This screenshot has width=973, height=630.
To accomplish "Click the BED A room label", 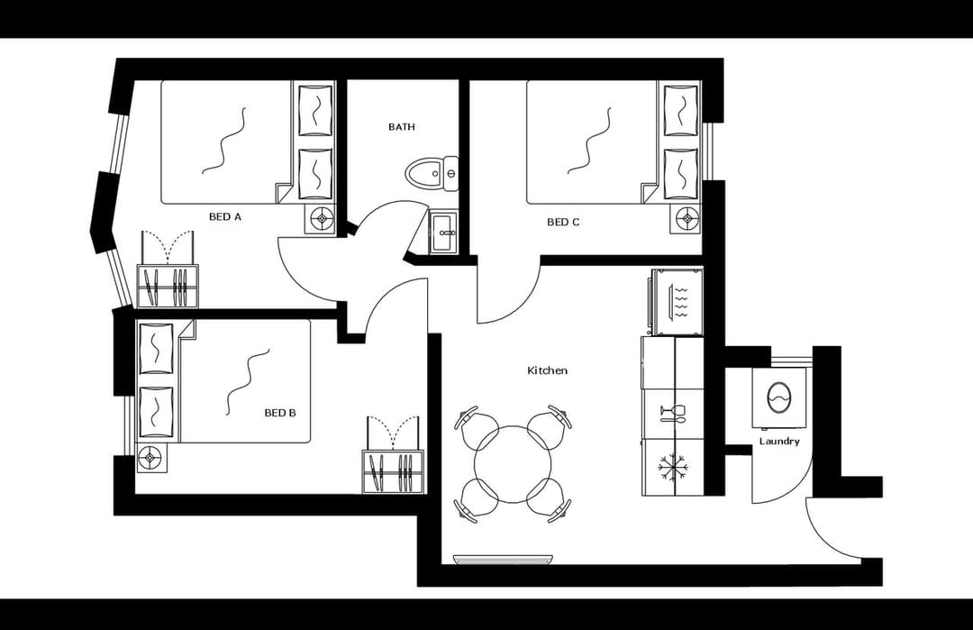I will tap(224, 217).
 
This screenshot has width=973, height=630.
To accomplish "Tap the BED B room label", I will tap(280, 413).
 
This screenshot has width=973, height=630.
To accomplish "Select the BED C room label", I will tap(563, 222).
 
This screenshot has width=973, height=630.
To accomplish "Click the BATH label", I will tap(402, 127).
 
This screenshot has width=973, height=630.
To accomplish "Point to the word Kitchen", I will tap(548, 370).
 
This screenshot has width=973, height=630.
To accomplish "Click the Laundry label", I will tap(779, 442).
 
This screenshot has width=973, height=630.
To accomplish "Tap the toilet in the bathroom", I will tap(432, 172).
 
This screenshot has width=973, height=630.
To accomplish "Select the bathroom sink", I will tap(443, 233).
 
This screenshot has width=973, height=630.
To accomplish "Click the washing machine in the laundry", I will tap(777, 397).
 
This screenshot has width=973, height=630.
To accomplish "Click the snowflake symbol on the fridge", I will tap(672, 467).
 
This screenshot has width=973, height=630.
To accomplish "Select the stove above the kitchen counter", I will tap(676, 301).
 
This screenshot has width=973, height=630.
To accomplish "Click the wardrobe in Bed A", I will tap(168, 285).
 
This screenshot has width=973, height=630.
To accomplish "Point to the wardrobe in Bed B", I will tap(393, 470).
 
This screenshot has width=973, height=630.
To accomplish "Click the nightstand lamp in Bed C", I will tap(689, 218).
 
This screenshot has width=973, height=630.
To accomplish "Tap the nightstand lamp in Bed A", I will tap(321, 218).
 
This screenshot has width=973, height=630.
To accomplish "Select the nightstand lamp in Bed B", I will tap(150, 458).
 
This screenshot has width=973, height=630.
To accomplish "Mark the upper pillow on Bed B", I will tap(156, 347).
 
